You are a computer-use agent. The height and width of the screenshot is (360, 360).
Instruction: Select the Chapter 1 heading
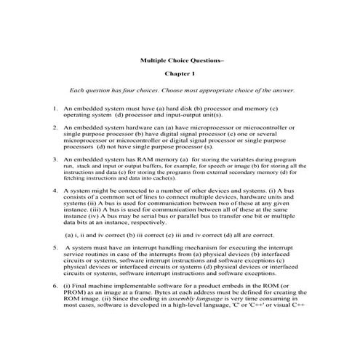180,75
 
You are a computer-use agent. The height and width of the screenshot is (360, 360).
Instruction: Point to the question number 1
55,108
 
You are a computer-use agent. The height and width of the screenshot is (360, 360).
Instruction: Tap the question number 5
55,247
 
